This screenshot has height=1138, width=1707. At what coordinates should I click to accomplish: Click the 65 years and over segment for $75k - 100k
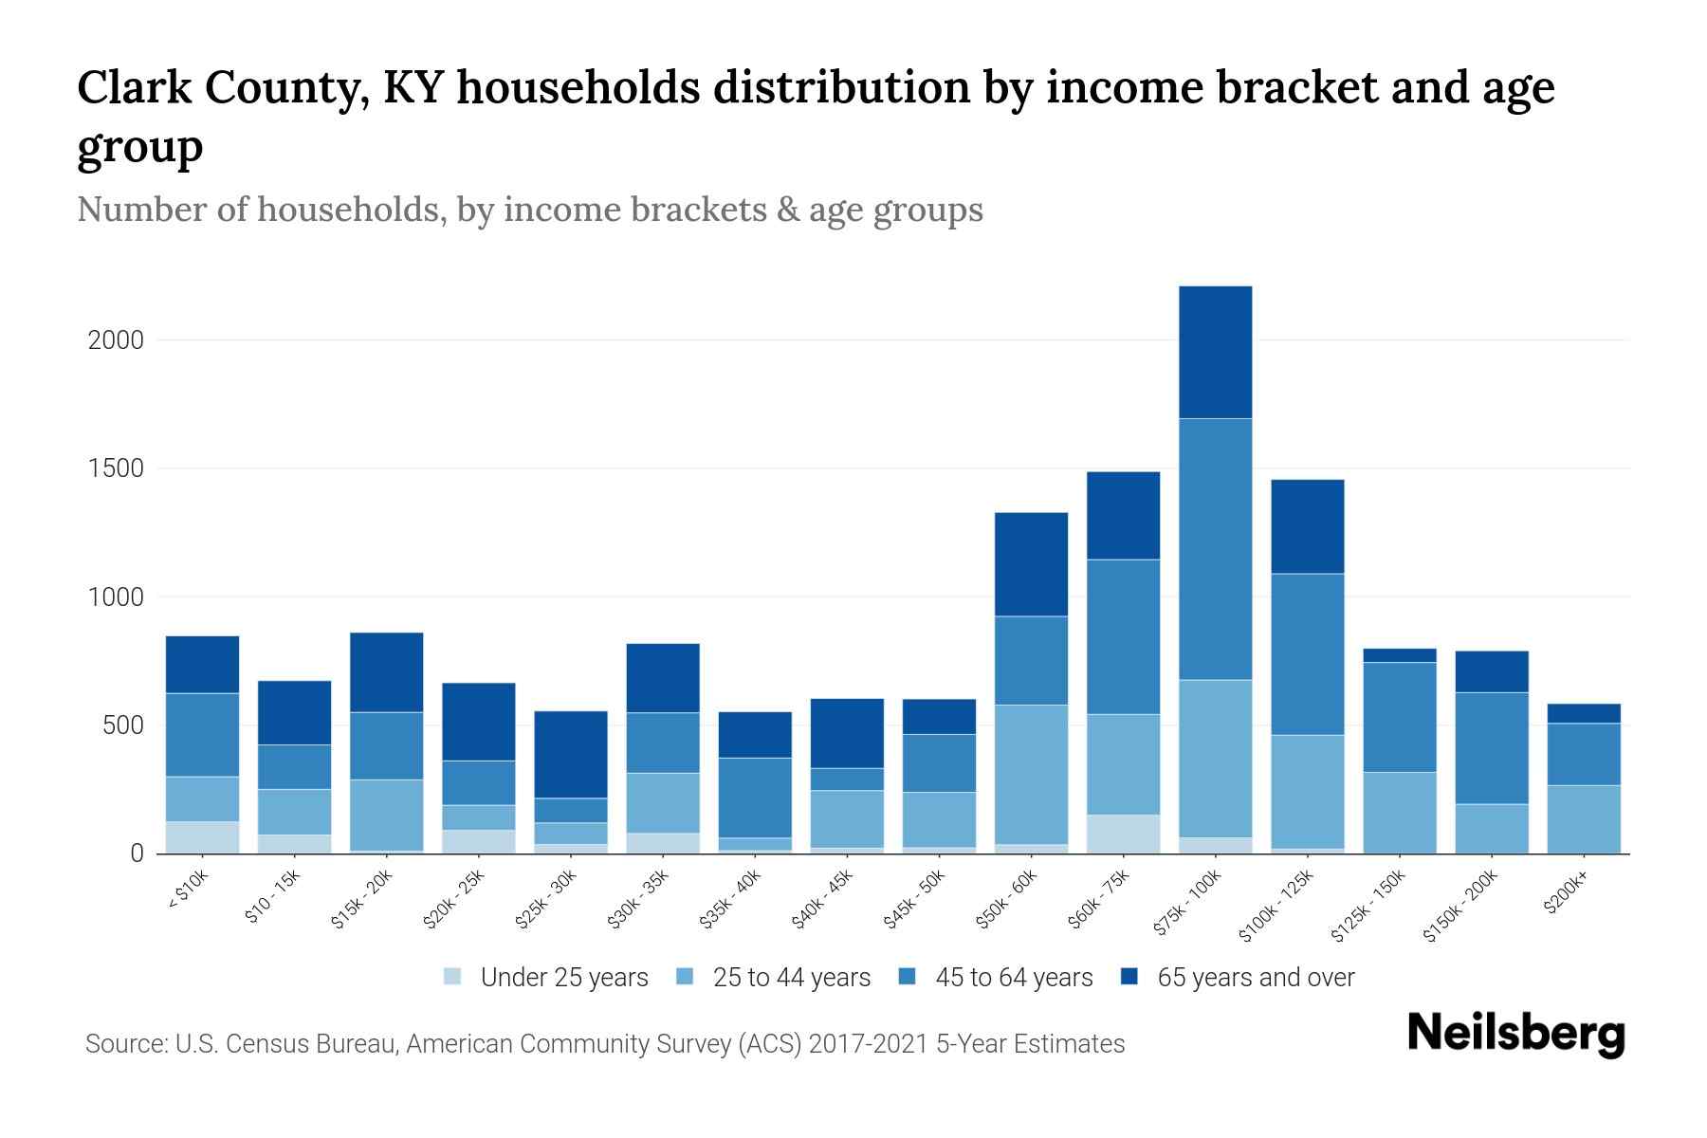point(1215,352)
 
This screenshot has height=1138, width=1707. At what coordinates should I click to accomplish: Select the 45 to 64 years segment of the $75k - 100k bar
point(1215,549)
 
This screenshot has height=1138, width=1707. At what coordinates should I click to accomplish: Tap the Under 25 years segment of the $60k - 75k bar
point(1123,834)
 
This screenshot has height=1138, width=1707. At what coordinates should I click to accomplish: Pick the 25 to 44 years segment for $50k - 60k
point(1031,774)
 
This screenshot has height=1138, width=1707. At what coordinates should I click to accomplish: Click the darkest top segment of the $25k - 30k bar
point(570,754)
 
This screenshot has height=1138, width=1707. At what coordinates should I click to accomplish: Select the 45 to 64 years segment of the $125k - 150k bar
point(1399,717)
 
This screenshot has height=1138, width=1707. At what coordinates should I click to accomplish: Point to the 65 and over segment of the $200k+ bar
point(1583,713)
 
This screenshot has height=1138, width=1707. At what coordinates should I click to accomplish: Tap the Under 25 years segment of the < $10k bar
point(202,836)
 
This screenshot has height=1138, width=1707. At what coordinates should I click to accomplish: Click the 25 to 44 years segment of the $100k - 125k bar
point(1307,791)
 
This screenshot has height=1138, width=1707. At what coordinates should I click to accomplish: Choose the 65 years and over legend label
point(1255,978)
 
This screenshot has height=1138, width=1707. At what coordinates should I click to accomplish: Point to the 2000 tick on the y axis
point(116,340)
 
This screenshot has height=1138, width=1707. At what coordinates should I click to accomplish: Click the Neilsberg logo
point(1515,1034)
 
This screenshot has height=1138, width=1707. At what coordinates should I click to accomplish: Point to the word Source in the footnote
point(125,1044)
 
